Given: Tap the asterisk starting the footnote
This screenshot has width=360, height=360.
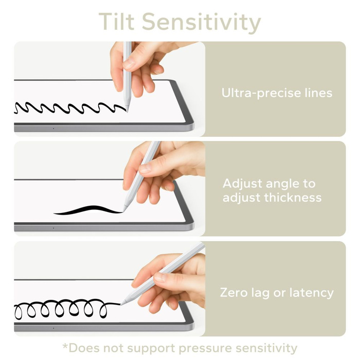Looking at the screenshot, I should pyautogui.click(x=65, y=346).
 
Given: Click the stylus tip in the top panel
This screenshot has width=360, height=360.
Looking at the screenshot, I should pyautogui.click(x=128, y=109).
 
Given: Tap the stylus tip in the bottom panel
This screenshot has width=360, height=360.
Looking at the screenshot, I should pyautogui.click(x=121, y=303).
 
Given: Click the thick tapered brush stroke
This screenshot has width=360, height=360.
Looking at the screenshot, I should pyautogui.click(x=87, y=210).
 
